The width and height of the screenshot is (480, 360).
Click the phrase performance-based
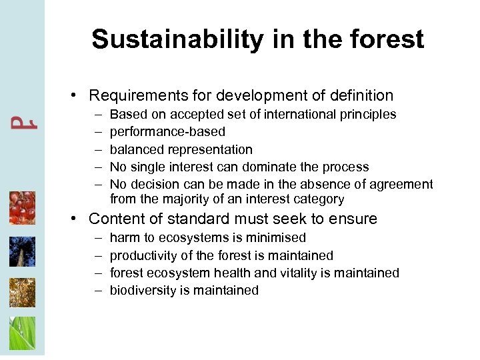167,132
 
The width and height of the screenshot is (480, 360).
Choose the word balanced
134,149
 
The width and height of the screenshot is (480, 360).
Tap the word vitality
311,273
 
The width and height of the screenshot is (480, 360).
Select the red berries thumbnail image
22,208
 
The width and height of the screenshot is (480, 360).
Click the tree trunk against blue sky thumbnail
22,251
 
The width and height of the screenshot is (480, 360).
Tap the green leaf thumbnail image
22,333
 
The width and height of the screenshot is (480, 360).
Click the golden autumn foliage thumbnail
22,293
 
